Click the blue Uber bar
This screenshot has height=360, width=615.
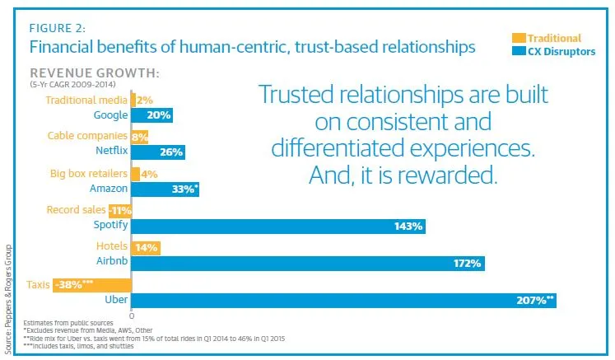point(343,301)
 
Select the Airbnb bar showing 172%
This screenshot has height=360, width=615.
point(307,263)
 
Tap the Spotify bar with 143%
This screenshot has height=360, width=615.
point(278,225)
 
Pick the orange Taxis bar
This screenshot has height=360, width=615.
point(92,285)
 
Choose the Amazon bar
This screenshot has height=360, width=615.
point(165,189)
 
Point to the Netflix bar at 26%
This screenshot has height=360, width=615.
point(158,152)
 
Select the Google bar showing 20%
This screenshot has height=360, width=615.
point(152,115)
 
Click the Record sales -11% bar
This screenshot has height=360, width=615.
point(121,210)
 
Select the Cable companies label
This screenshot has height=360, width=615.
point(87,135)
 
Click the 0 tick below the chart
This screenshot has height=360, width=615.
point(132,316)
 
